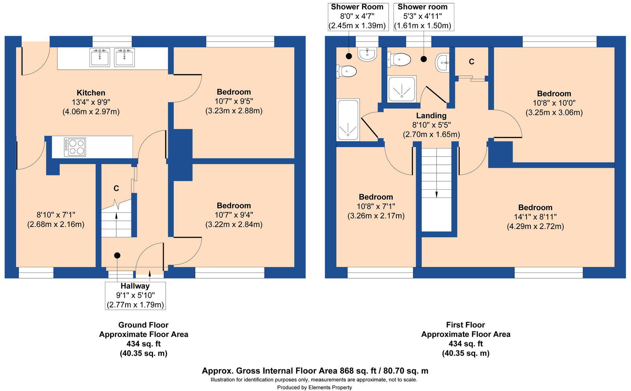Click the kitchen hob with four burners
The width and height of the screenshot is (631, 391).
pyautogui.click(x=75, y=147)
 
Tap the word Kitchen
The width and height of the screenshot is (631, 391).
pyautogui.click(x=91, y=93)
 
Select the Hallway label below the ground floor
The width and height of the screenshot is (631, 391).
pyautogui.click(x=135, y=286)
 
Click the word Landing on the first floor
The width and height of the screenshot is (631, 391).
pyautogui.click(x=431, y=115)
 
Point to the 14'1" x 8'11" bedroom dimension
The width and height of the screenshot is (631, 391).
pyautogui.click(x=535, y=217)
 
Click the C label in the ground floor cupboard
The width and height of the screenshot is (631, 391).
pyautogui.click(x=116, y=188)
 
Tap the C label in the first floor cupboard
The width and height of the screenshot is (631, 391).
pyautogui.click(x=471, y=61)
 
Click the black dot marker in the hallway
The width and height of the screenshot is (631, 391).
pyautogui.click(x=117, y=255)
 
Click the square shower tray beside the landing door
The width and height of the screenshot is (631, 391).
pyautogui.click(x=402, y=89)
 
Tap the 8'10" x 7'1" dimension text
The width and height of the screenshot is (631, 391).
pyautogui.click(x=56, y=215)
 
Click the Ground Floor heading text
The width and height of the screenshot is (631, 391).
pyautogui.click(x=144, y=325)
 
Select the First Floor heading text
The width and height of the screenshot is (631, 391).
pyautogui.click(x=465, y=325)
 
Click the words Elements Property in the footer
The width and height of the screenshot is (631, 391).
pyautogui.click(x=330, y=387)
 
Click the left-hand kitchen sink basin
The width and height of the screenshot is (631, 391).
pyautogui.click(x=100, y=58)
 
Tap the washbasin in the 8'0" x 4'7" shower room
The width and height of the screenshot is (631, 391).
pyautogui.click(x=367, y=54)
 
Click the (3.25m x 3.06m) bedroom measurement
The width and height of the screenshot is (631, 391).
pyautogui.click(x=554, y=113)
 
